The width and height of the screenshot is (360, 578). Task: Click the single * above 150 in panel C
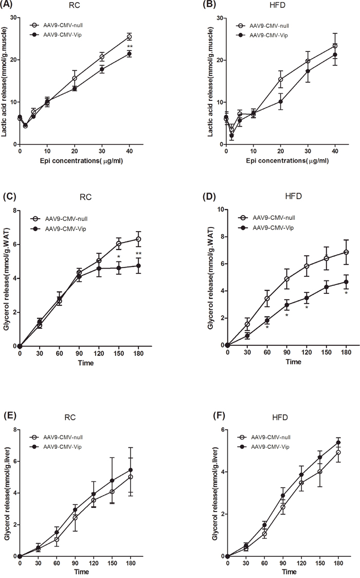119,257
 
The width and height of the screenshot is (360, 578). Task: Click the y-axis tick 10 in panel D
218,210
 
